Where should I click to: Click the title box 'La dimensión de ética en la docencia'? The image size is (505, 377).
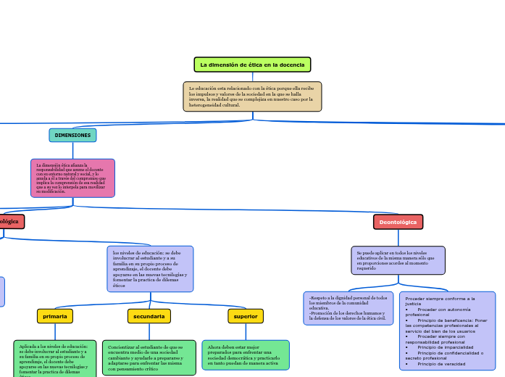point(252,65)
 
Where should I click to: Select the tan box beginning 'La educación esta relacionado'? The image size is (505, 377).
point(252,96)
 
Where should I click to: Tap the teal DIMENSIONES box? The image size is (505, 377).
point(72,135)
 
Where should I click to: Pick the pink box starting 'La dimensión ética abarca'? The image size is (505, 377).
point(72,178)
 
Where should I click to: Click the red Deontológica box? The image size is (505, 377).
point(398,222)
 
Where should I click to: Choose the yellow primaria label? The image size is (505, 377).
point(55,316)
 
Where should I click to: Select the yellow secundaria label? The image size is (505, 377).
point(149,316)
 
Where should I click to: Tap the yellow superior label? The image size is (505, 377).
point(245,316)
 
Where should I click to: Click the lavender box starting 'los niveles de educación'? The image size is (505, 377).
point(150,269)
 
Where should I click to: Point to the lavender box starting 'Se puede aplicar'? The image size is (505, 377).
point(398,260)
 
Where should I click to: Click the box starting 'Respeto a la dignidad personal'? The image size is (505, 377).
point(349,308)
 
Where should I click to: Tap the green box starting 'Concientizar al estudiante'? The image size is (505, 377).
point(149,357)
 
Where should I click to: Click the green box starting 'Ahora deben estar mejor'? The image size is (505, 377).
point(245,355)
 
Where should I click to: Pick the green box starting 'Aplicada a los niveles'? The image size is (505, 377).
point(54,358)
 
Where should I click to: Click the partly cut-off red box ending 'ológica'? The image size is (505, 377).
point(11,221)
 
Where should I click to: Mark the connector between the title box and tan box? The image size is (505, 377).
point(252,77)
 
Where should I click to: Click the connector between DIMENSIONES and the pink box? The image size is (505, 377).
point(72,150)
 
